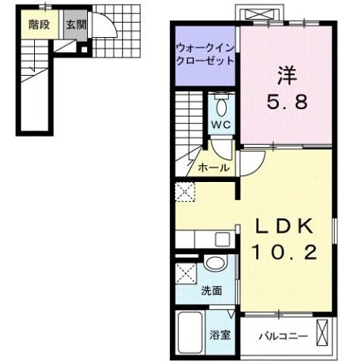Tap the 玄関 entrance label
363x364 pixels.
point(75,24)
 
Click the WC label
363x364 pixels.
point(221,124)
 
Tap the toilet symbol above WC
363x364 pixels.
point(222,104)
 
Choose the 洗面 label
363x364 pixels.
point(211,290)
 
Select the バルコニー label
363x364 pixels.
point(282,334)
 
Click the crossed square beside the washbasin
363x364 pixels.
point(185,272)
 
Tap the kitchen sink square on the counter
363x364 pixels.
point(221,240)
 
